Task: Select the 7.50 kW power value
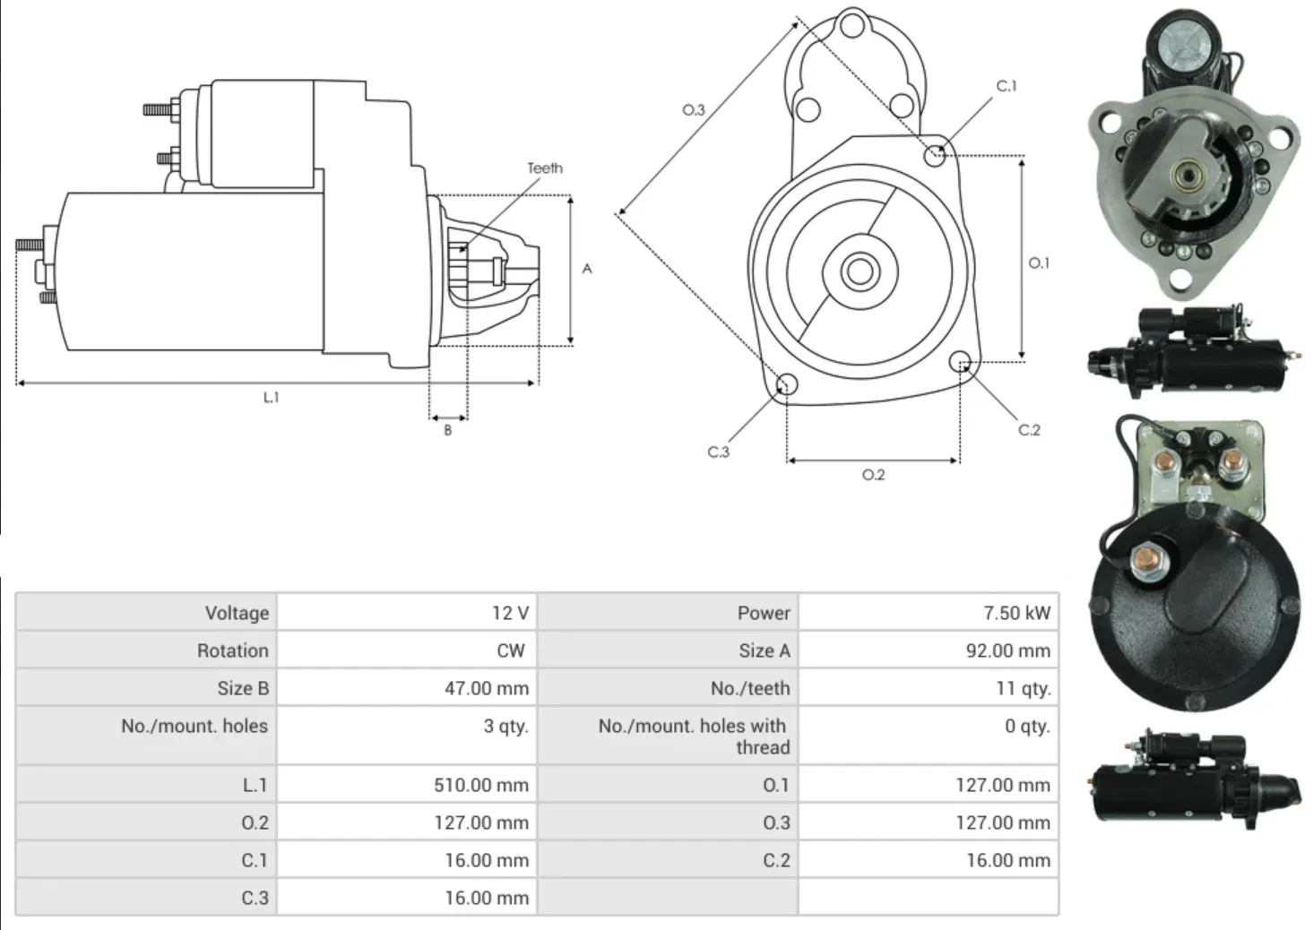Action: (1015, 613)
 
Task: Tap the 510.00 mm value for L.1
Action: (480, 785)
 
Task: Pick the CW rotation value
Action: (510, 650)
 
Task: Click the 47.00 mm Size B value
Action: (486, 688)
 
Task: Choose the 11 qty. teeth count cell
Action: (1023, 688)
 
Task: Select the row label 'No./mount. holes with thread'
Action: (692, 736)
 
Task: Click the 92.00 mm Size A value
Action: (1007, 650)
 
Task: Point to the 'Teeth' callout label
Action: (545, 168)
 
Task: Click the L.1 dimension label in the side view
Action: (271, 397)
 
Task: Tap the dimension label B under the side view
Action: (448, 430)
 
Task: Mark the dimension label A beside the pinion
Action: (587, 268)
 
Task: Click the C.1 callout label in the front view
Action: (1006, 86)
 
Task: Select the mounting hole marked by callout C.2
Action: (961, 363)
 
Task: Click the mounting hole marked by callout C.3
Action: (786, 385)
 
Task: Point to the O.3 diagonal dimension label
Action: (694, 110)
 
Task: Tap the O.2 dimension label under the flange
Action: (873, 475)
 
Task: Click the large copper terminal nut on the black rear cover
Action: (1145, 562)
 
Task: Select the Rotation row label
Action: (232, 650)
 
